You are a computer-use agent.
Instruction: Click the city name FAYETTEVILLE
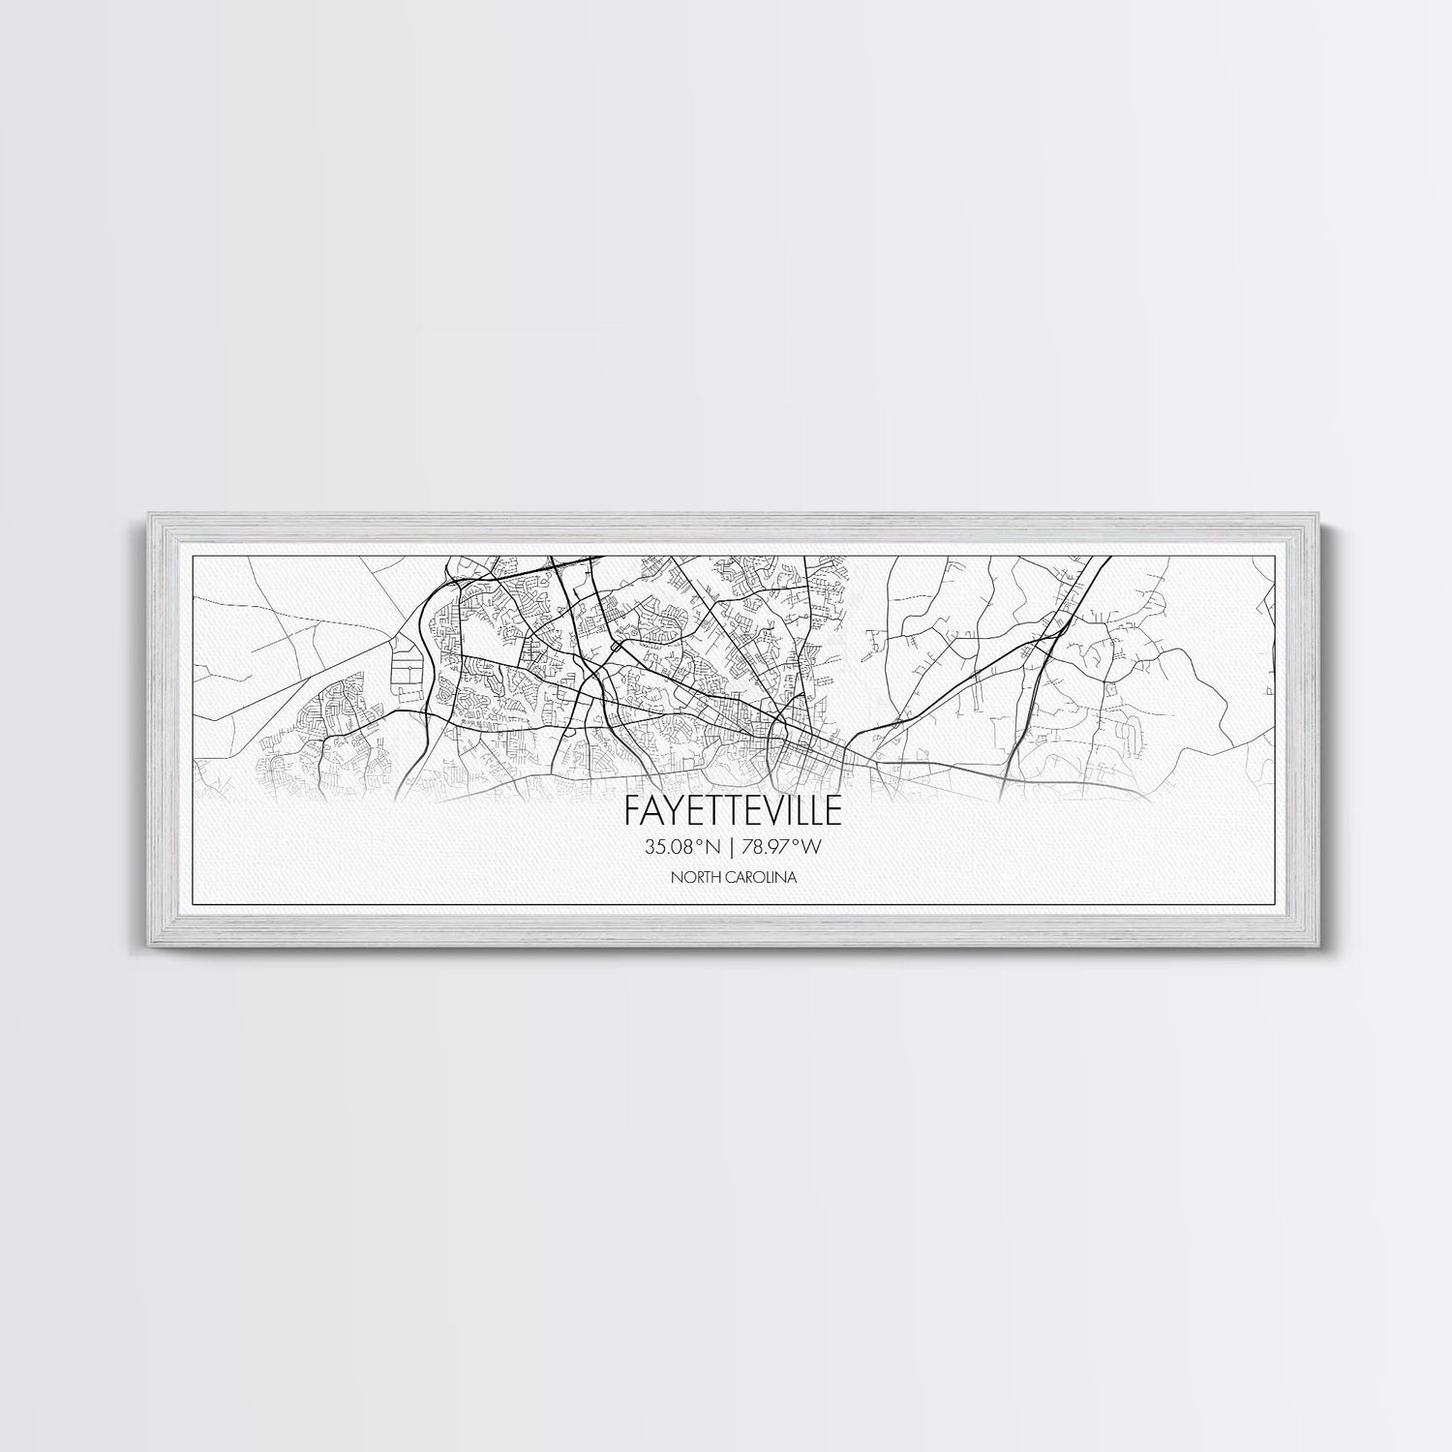725,808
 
